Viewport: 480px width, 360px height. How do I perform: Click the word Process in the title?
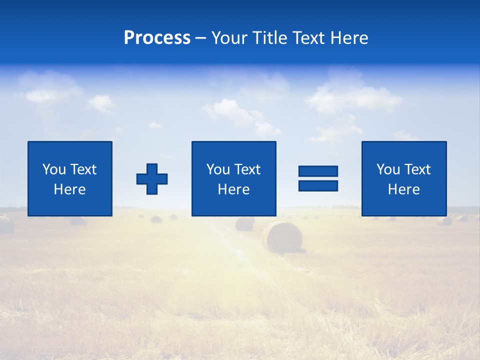[x=157, y=38]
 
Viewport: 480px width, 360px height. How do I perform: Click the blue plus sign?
[x=152, y=179]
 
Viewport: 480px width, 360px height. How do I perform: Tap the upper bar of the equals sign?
[x=318, y=171]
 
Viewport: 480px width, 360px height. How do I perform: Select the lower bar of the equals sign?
[x=318, y=186]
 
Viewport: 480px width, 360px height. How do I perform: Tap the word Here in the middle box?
[x=233, y=189]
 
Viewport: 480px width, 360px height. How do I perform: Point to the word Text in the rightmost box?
[x=417, y=169]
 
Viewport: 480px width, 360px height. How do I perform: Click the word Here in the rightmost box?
[x=404, y=189]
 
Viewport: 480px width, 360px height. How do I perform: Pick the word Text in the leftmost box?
[x=83, y=169]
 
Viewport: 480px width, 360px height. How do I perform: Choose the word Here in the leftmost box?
[x=70, y=189]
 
